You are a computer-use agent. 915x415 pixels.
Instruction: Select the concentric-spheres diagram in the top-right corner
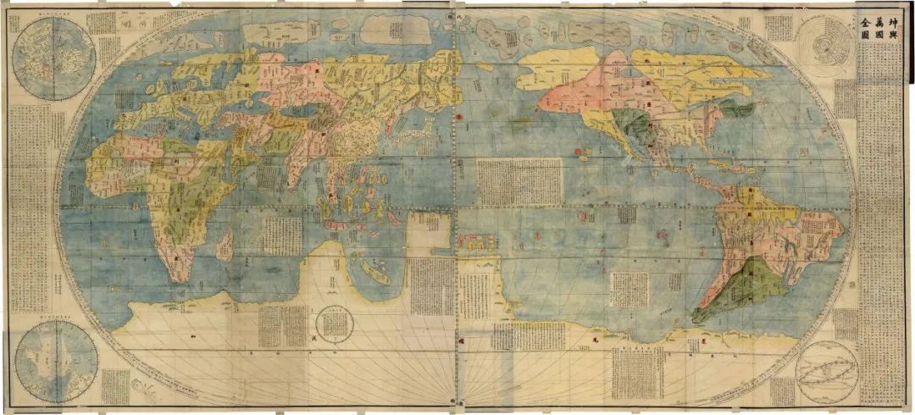click(821, 47)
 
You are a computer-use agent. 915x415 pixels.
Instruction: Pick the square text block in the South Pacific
click(629, 289)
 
